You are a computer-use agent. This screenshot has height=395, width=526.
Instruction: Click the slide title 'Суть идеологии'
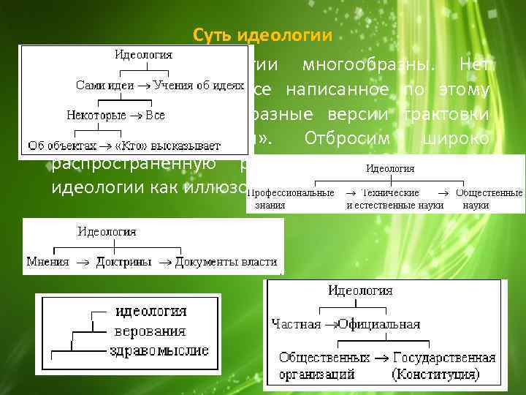(x=262, y=34)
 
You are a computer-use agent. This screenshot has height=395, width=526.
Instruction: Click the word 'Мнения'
(x=47, y=260)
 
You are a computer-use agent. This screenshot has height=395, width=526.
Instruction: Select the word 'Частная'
(x=295, y=324)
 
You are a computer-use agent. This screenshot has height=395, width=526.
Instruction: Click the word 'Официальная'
(x=379, y=324)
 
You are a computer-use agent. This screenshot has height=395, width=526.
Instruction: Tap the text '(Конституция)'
(x=436, y=374)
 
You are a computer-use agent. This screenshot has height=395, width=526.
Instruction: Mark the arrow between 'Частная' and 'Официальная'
(x=329, y=324)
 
